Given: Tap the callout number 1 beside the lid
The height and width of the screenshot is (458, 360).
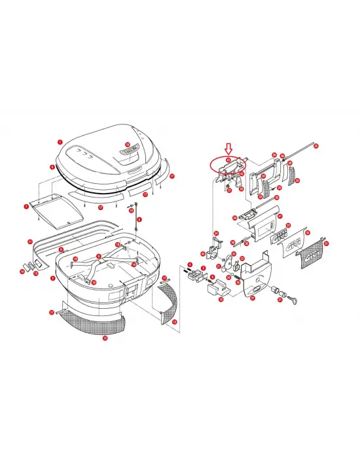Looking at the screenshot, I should (x=60, y=141).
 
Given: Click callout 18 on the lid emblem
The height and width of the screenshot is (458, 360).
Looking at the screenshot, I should (x=127, y=145).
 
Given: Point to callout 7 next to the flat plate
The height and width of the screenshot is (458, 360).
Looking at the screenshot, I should (x=26, y=207).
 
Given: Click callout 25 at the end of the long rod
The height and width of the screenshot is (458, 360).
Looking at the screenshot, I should (x=315, y=145).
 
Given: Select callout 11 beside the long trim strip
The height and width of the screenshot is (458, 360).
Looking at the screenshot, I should (x=29, y=242).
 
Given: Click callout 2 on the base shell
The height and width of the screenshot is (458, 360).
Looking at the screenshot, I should (x=52, y=277).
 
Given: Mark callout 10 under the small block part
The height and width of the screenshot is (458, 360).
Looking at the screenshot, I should (x=221, y=300).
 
